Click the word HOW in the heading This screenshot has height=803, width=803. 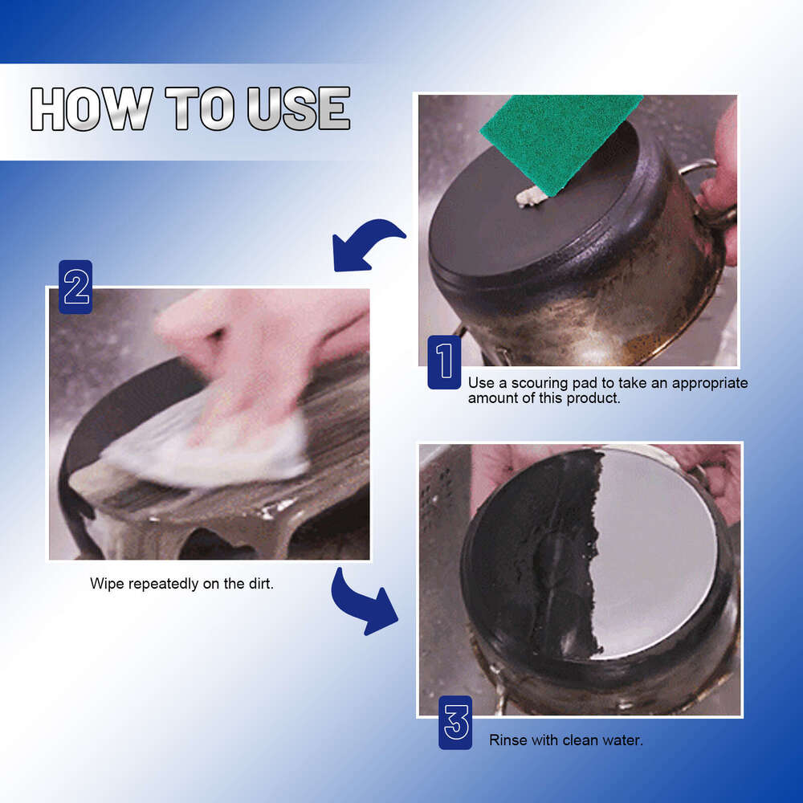click(91, 109)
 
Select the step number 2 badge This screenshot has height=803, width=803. click(76, 287)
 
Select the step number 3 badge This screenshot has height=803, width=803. click(455, 723)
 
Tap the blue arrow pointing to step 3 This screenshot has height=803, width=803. click(363, 602)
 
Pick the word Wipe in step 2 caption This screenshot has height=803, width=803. click(106, 584)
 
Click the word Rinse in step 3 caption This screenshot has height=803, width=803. click(507, 740)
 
